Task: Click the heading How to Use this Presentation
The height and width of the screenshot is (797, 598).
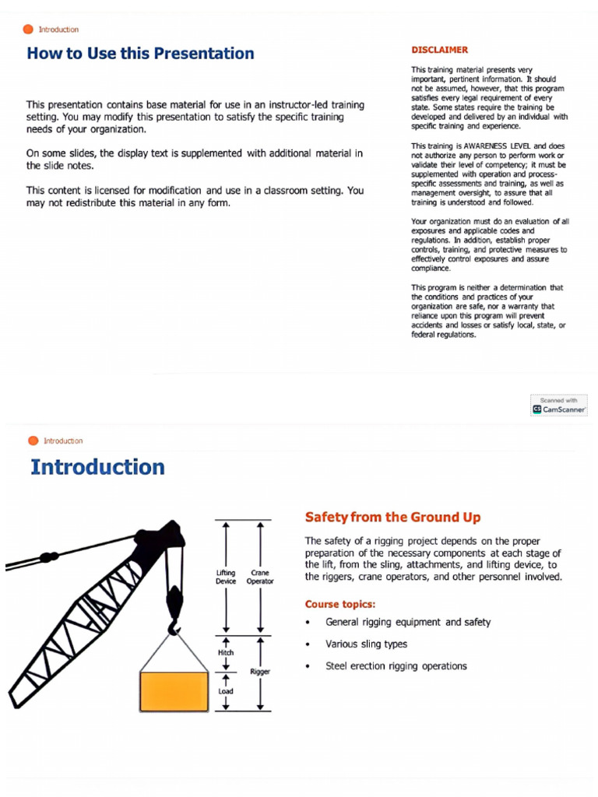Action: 140,54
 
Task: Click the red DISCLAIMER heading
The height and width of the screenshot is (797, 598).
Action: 439,50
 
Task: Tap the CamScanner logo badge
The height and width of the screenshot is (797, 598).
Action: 559,405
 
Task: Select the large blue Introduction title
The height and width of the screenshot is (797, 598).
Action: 97,467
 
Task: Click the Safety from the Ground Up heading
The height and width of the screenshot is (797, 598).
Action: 392,517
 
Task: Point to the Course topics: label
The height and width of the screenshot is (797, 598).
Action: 340,604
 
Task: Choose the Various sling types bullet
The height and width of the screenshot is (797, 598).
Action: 366,644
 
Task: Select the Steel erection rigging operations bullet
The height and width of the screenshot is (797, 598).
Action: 396,666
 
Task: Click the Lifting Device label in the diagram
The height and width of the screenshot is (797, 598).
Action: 226,577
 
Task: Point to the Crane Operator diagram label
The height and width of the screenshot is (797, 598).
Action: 259,577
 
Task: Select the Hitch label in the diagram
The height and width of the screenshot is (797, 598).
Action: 226,652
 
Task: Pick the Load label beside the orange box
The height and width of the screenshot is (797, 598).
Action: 226,690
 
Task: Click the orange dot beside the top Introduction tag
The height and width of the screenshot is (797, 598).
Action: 28,30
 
